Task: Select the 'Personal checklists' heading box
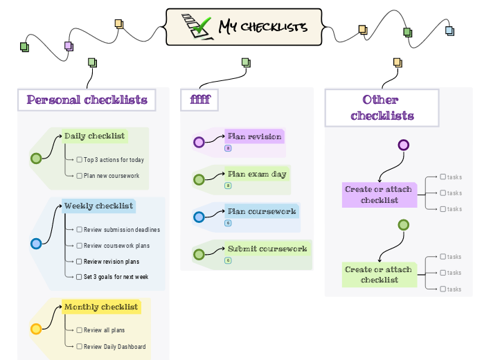tap(87, 100)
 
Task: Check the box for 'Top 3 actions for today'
tap(80, 160)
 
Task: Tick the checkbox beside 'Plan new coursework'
tap(80, 176)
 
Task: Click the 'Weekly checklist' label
tap(98, 206)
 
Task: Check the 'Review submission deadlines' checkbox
tap(80, 230)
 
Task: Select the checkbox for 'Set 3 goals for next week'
tap(80, 277)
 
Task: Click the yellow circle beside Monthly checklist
tap(36, 330)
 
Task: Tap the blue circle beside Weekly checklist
tap(36, 243)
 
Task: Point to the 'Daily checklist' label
tap(94, 136)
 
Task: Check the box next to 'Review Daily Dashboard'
tap(80, 347)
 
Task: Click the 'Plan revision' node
tap(254, 136)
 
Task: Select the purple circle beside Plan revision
tap(199, 143)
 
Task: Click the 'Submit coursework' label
tap(267, 249)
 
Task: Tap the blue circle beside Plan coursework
tap(199, 217)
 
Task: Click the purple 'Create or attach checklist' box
tap(378, 195)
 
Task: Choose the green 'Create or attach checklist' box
tap(378, 275)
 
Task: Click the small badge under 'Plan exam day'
tap(228, 186)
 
